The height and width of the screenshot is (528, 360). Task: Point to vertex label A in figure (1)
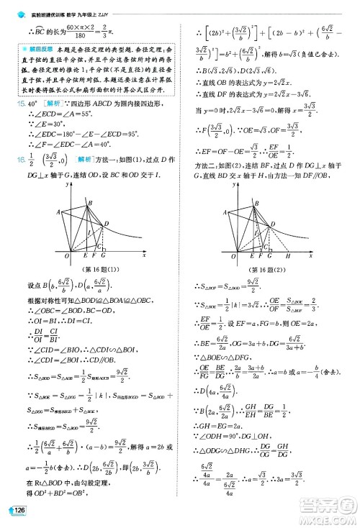click(58, 212)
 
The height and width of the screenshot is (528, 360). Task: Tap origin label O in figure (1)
click(66, 256)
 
